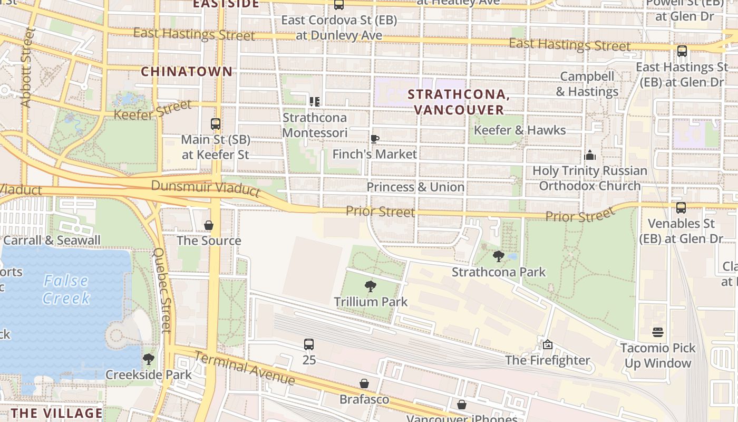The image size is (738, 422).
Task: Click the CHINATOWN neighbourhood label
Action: tap(187, 71)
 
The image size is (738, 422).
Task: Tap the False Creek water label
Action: tap(66, 289)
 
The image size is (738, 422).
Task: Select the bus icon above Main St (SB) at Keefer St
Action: tap(215, 124)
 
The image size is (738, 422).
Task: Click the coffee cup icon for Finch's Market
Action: tap(374, 139)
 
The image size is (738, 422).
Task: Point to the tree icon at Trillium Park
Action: tap(371, 286)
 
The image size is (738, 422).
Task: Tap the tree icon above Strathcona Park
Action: tap(498, 257)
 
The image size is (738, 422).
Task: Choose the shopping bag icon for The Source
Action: tap(209, 225)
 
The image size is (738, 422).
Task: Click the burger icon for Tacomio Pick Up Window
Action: tap(657, 332)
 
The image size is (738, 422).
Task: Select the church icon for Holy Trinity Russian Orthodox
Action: tap(590, 155)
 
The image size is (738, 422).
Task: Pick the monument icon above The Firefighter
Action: tap(547, 344)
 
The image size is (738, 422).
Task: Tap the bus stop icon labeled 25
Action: tap(309, 344)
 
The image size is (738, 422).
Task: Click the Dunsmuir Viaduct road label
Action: tap(206, 188)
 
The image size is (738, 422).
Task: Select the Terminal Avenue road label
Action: tap(244, 368)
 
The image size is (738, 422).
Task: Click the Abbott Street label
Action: tap(27, 67)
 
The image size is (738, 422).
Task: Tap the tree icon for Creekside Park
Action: tap(148, 359)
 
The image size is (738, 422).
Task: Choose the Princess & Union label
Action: tap(415, 187)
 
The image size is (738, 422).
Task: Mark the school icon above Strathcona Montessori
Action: tap(315, 101)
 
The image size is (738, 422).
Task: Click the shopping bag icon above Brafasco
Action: tap(364, 383)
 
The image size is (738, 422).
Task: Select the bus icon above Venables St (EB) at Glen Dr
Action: tap(681, 207)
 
